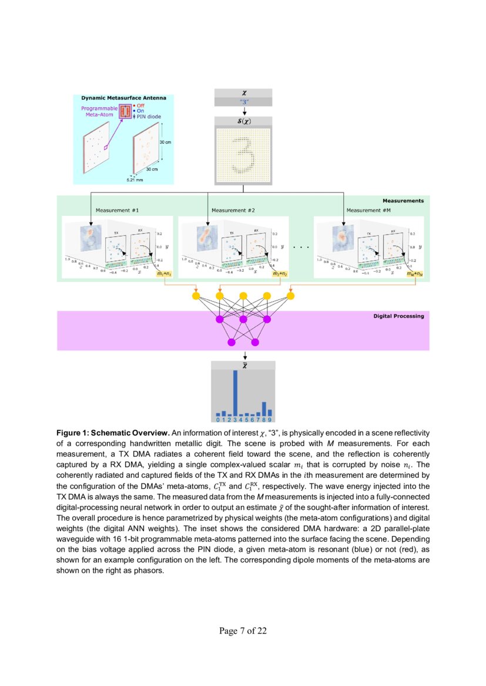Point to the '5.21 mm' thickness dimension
(135, 180)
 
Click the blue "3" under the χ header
(244, 102)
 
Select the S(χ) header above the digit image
(244, 121)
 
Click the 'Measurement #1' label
(117, 210)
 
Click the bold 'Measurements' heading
(403, 201)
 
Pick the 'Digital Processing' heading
(398, 316)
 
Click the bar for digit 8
(264, 408)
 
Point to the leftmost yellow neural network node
(196, 296)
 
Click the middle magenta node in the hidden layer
(243, 319)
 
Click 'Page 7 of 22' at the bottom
(243, 631)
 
